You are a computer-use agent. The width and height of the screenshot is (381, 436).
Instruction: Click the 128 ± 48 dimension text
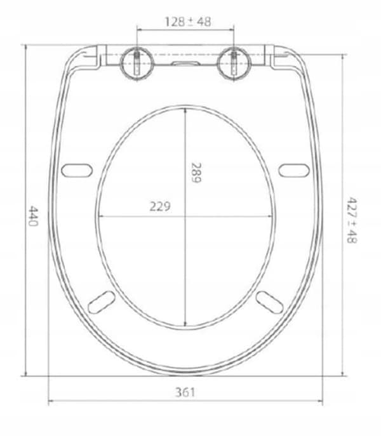coord(188,22)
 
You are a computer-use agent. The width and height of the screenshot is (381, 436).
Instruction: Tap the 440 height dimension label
coord(34,216)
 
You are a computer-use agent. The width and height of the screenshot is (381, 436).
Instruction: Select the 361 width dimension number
coord(185,392)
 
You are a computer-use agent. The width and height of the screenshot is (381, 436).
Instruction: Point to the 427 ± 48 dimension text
coord(352,220)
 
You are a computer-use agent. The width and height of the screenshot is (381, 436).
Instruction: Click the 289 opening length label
coord(196,173)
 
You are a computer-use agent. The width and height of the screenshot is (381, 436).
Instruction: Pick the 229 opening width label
coord(160,206)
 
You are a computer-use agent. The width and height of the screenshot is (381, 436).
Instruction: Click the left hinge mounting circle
coord(137,63)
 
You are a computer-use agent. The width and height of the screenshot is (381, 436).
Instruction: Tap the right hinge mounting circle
coord(234,63)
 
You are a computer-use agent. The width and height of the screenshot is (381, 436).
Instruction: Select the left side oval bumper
coord(77,171)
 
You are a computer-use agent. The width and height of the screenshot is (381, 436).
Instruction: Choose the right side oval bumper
coord(294,171)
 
